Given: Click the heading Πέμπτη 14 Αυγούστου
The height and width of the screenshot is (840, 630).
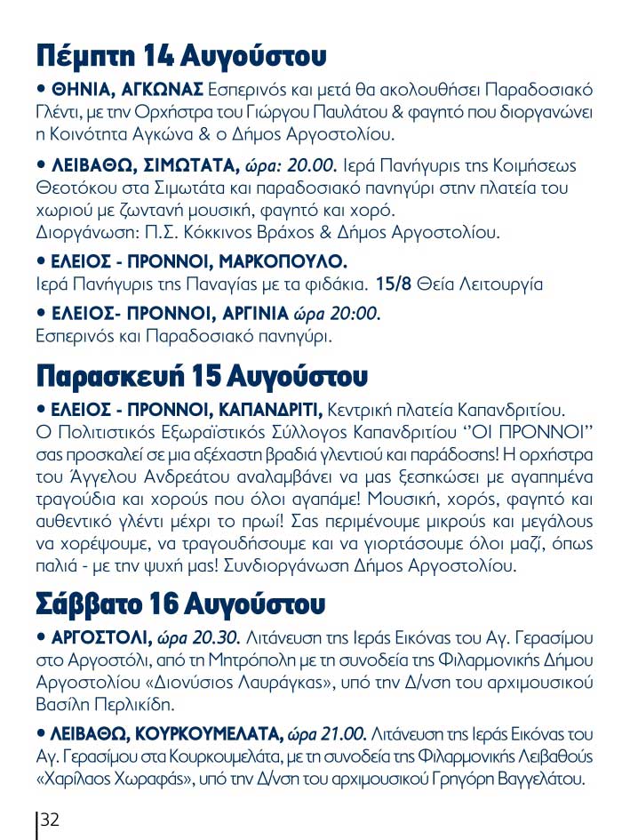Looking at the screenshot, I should pos(181,56).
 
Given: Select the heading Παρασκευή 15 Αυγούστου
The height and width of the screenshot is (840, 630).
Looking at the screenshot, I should pos(201,375).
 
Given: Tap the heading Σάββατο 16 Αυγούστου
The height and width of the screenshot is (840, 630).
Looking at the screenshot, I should pos(180,604).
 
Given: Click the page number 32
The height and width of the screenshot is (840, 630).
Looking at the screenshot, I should pos(50,820).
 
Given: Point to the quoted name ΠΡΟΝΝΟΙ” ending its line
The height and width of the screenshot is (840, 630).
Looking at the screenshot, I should pos(551,432).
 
